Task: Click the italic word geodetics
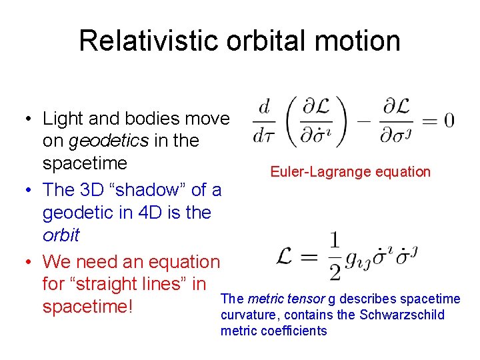107,141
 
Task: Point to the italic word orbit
61,235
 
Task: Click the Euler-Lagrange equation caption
350,171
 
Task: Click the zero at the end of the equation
449,121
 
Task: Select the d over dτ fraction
265,121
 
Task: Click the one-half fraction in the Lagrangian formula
333,255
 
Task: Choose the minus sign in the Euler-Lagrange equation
365,121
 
